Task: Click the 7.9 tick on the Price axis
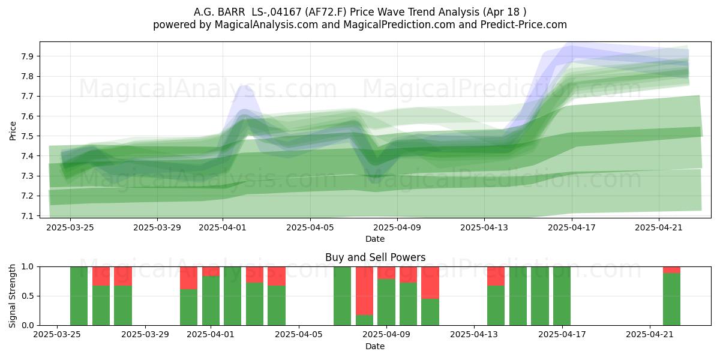[x=28, y=56]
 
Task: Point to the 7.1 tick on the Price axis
[x=28, y=216]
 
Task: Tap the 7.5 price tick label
[x=28, y=136]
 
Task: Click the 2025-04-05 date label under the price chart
[x=310, y=227]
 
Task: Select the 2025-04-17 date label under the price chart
[x=571, y=227]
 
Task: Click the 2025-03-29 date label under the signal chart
[x=145, y=335]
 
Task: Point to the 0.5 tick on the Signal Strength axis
[x=28, y=296]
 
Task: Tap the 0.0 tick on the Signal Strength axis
[x=28, y=325]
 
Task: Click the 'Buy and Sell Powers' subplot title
[x=375, y=257]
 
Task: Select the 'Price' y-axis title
[x=13, y=131]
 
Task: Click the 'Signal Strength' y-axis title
[x=12, y=296]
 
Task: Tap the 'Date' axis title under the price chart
[x=375, y=239]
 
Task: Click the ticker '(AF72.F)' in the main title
[x=326, y=12]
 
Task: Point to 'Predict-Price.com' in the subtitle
[x=524, y=25]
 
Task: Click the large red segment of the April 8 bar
[x=365, y=291]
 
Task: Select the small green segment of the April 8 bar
[x=365, y=320]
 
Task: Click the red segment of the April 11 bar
[x=430, y=283]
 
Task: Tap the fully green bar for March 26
[x=79, y=296]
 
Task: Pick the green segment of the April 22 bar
[x=671, y=299]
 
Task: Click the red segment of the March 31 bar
[x=188, y=278]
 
